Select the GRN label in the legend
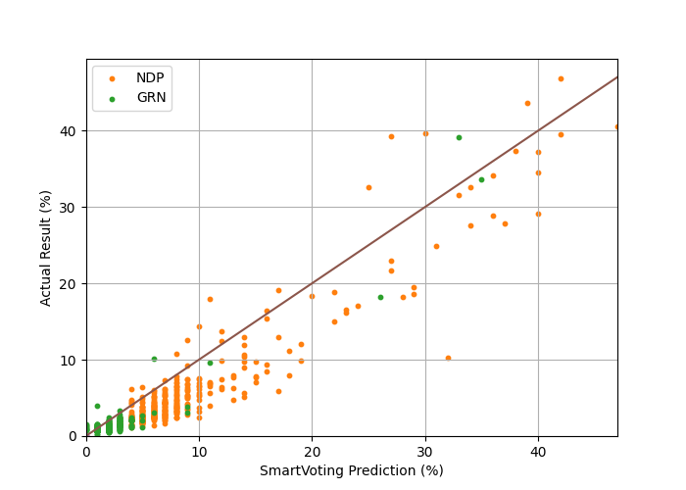151,98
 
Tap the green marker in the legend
112,99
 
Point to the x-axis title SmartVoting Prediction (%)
351,470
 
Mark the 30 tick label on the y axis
69,208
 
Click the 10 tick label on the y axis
69,360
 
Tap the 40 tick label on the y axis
69,131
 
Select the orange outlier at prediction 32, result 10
448,358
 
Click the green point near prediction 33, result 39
459,137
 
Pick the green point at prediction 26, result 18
380,297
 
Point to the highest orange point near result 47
561,78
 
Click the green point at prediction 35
481,179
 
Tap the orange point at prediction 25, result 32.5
368,187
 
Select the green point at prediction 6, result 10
154,359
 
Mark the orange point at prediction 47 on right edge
616,126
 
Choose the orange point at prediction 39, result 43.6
527,103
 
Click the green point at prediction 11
210,363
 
